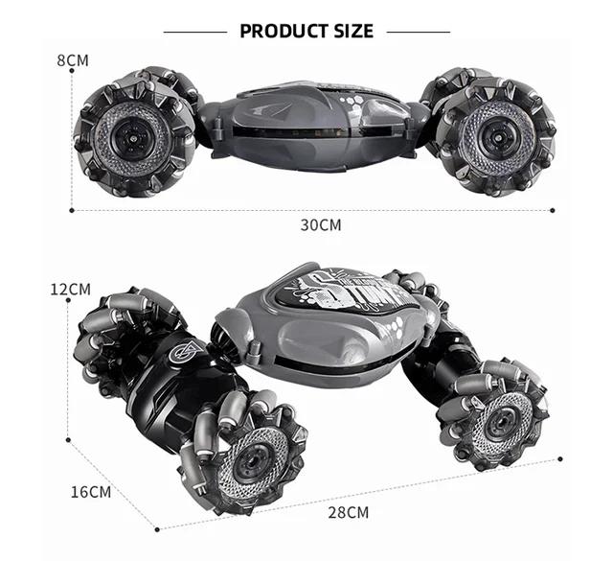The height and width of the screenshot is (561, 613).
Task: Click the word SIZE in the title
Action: click(x=349, y=31)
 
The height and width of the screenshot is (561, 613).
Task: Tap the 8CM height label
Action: click(x=73, y=60)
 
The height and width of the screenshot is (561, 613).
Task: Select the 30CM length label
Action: click(x=320, y=225)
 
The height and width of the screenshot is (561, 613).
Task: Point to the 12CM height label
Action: click(x=71, y=289)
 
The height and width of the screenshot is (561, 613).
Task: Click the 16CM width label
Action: click(x=91, y=492)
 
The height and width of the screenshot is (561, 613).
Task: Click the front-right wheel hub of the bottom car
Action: click(x=498, y=415)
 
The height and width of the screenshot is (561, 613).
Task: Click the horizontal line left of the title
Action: click(x=195, y=32)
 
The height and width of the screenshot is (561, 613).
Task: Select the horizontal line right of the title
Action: click(x=418, y=32)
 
